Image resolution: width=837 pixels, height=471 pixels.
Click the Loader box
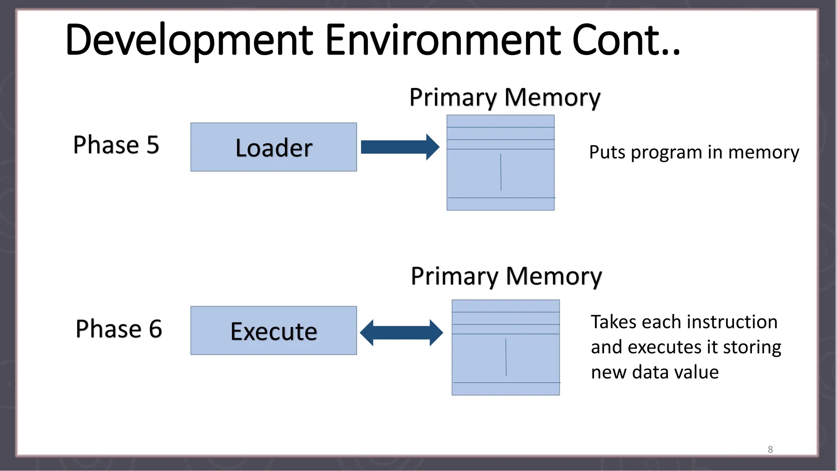273,147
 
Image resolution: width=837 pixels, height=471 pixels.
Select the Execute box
273,330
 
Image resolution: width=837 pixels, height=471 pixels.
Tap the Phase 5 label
116,145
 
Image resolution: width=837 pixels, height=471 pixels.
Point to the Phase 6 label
119,329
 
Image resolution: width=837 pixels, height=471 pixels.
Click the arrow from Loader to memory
399,147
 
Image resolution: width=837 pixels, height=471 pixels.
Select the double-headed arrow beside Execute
401,333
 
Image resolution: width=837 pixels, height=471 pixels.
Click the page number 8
770,449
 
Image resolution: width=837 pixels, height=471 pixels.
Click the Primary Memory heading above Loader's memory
505,97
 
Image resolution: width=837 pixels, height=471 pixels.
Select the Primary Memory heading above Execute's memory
506,276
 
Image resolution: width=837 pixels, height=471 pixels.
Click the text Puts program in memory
694,153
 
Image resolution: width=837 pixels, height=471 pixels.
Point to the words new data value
655,372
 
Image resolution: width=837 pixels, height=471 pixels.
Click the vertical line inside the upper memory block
501,172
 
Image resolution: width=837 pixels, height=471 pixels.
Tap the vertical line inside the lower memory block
506,357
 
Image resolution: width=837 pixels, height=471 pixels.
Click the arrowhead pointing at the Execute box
367,333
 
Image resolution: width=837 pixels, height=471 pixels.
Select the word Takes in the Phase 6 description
614,322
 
